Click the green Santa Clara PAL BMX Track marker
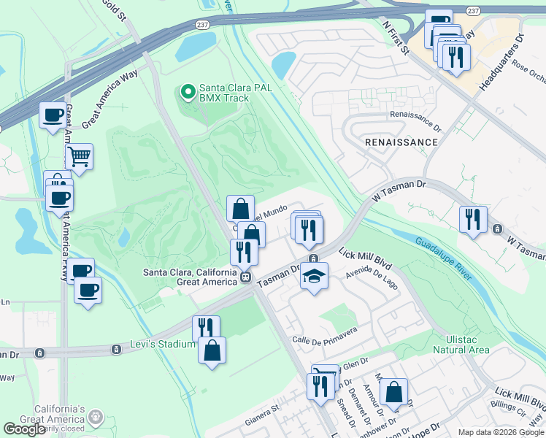pyautogui.click(x=187, y=91)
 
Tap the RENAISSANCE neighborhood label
pyautogui.click(x=401, y=142)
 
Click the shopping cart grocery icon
pyautogui.click(x=79, y=155)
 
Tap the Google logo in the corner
pyautogui.click(x=24, y=429)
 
